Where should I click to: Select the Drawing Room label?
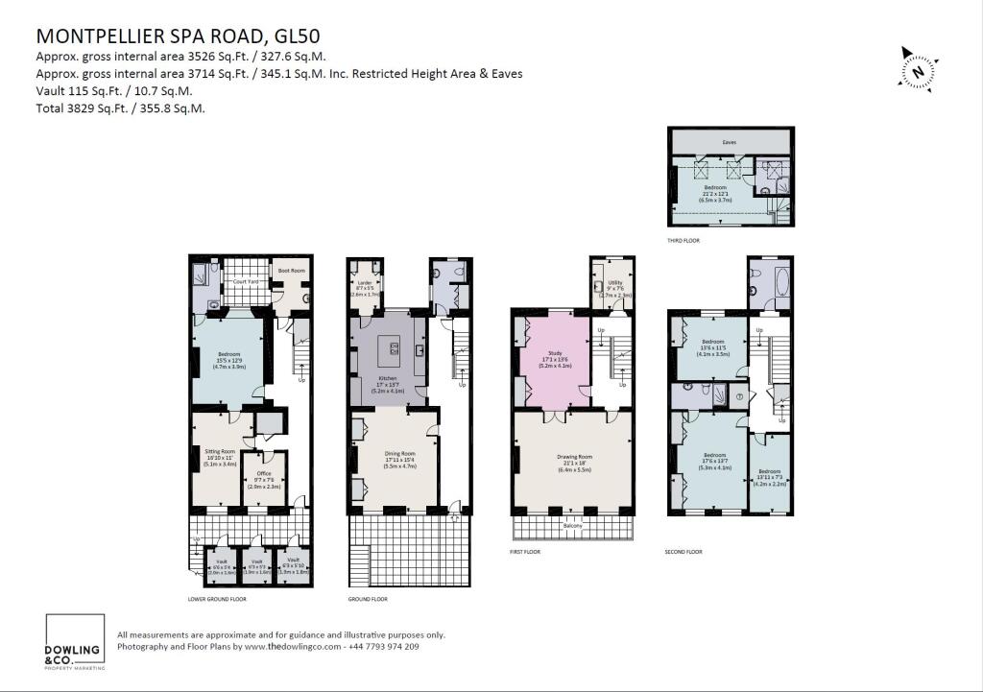click(x=572, y=461)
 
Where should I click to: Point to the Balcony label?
click(x=572, y=526)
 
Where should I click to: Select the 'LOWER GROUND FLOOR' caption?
click(x=217, y=599)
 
